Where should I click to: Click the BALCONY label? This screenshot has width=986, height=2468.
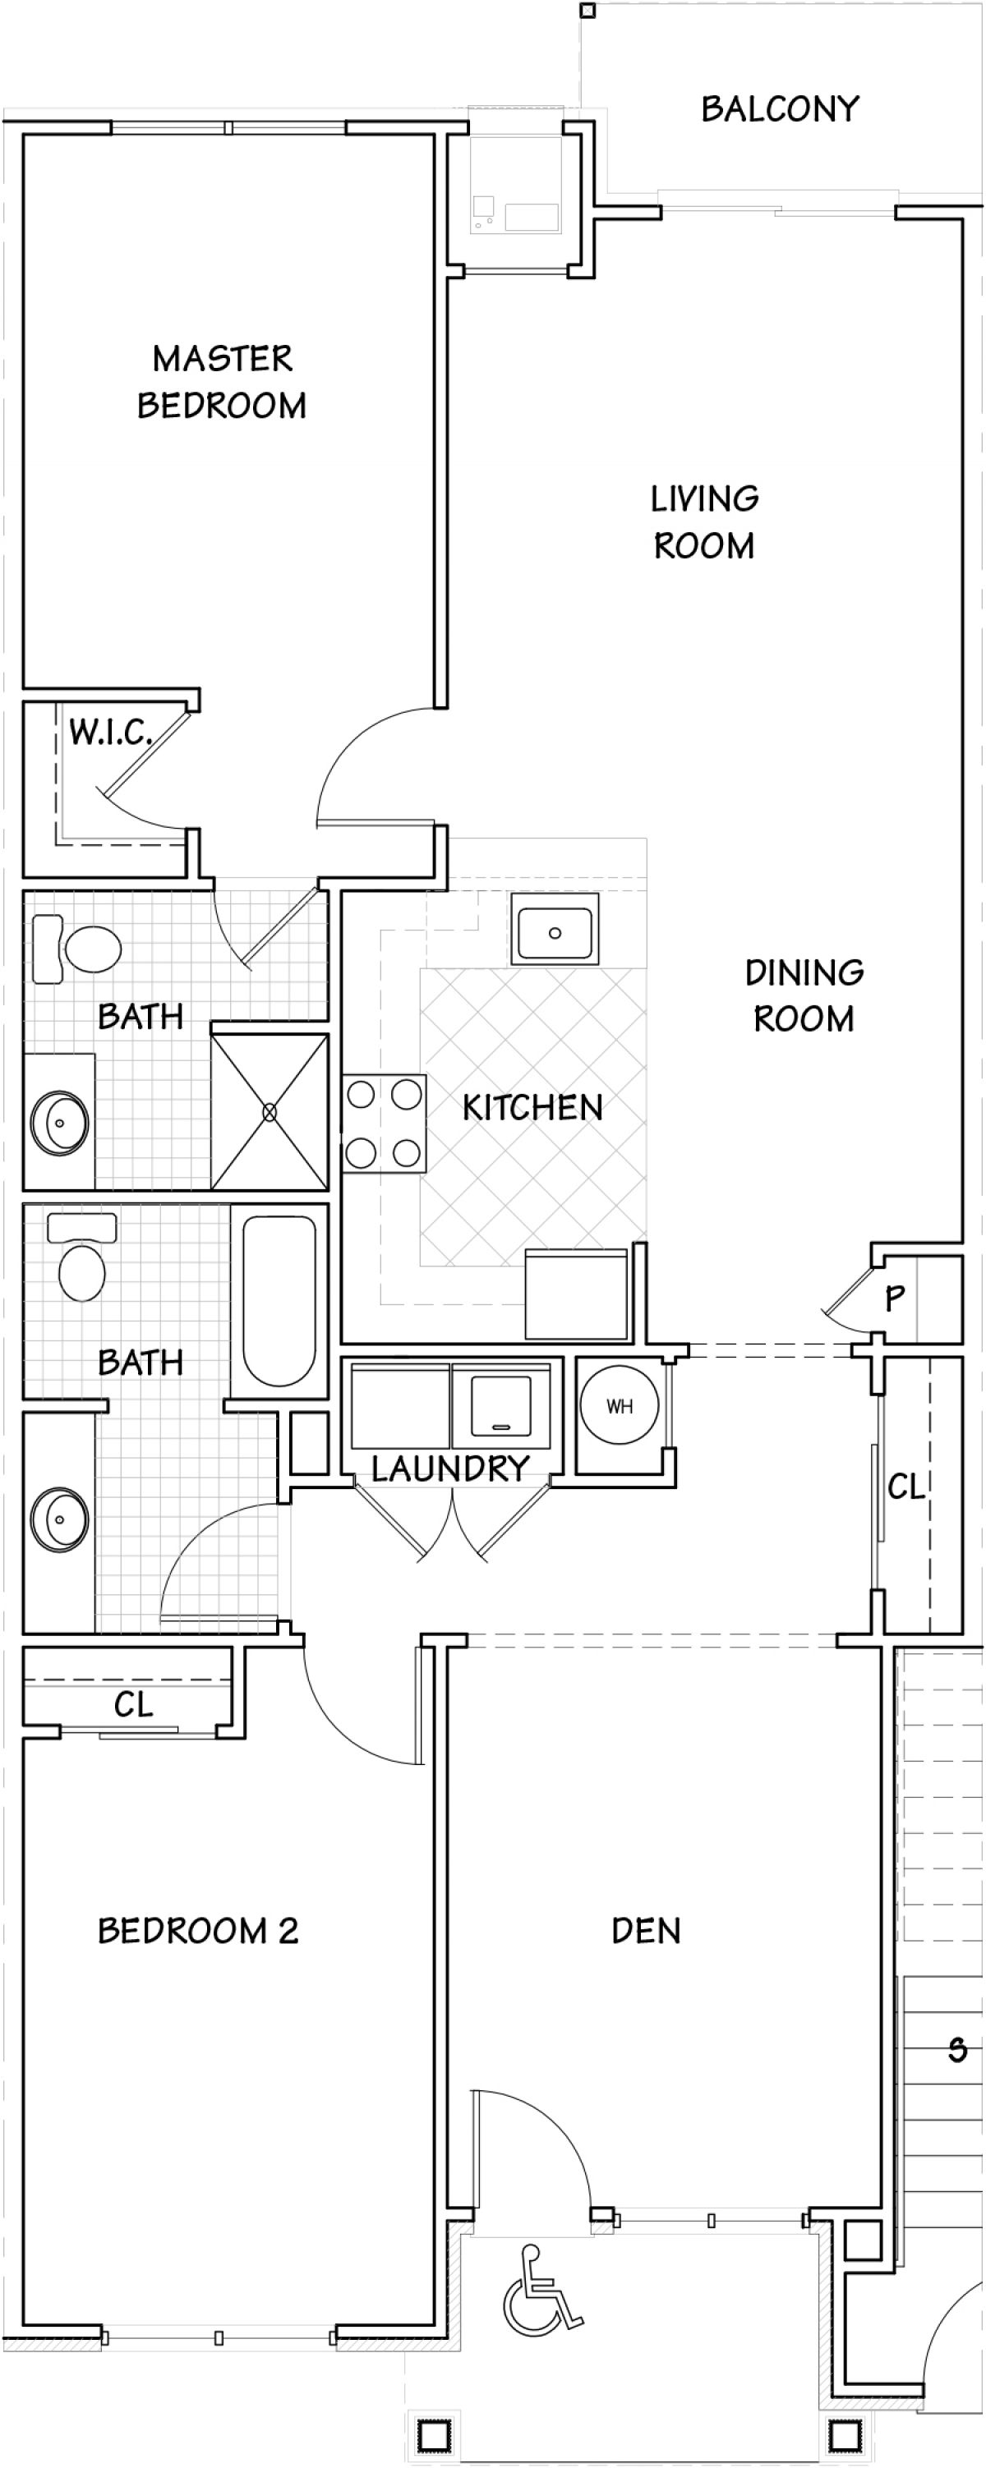780,109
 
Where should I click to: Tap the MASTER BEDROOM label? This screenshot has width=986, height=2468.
223,382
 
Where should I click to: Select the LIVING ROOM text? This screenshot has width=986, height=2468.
704,522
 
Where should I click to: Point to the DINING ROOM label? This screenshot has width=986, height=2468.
804,995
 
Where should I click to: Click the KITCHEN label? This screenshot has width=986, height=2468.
532,1108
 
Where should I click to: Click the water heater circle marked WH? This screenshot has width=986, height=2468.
620,1406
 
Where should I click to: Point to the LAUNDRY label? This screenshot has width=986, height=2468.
450,1468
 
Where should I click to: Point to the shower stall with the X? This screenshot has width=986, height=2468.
270,1111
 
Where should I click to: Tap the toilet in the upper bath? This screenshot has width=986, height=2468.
76,949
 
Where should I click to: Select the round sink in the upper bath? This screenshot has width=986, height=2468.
59,1121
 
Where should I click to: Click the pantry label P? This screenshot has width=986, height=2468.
895,1298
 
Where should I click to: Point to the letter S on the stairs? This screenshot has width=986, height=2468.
957,2049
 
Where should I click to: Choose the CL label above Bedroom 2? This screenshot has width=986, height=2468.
133,1705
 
